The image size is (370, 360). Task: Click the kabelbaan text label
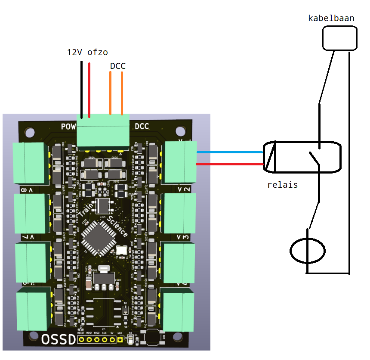point(331,18)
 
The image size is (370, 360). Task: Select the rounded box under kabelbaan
point(340,38)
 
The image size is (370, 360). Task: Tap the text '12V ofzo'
point(87,52)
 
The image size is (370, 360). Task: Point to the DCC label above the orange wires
point(117,66)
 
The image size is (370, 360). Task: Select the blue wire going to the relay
point(230,152)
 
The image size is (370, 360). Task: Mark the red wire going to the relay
point(230,164)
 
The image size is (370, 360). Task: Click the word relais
point(282,185)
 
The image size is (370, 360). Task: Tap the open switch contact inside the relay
point(314,158)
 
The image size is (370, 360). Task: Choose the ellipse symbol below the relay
point(308,250)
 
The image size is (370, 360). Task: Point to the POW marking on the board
point(68,127)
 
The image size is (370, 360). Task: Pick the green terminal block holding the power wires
point(103,132)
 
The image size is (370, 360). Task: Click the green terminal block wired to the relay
point(181,161)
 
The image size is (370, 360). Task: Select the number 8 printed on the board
point(23,189)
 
